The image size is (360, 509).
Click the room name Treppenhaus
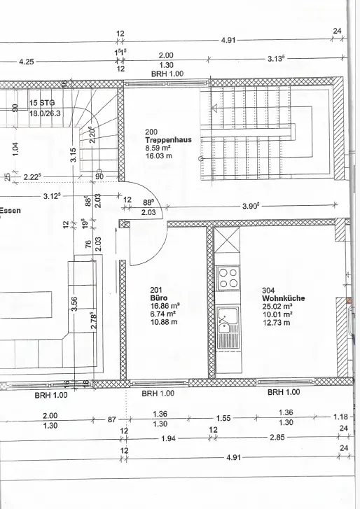(169, 140)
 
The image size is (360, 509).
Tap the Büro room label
(159, 298)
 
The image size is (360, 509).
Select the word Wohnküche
(284, 298)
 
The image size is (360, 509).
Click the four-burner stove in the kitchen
(228, 278)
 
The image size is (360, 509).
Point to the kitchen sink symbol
(228, 328)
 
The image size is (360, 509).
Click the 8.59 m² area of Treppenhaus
(158, 148)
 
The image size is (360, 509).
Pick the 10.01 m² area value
(277, 314)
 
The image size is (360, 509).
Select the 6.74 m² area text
(163, 314)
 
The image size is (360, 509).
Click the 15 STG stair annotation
(42, 103)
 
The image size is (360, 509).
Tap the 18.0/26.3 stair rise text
(45, 113)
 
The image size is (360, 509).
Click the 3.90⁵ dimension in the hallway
(252, 206)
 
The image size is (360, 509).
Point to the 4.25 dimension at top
(27, 62)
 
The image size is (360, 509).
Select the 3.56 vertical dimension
(74, 304)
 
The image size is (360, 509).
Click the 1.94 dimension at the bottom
(169, 438)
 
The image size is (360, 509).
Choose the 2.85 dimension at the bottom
(277, 438)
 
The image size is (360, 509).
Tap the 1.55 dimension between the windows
(223, 418)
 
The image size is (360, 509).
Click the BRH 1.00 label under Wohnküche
(284, 392)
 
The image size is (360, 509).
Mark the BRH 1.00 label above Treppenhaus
(167, 74)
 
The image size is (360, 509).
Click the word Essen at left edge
(10, 210)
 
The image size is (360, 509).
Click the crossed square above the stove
(227, 241)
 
